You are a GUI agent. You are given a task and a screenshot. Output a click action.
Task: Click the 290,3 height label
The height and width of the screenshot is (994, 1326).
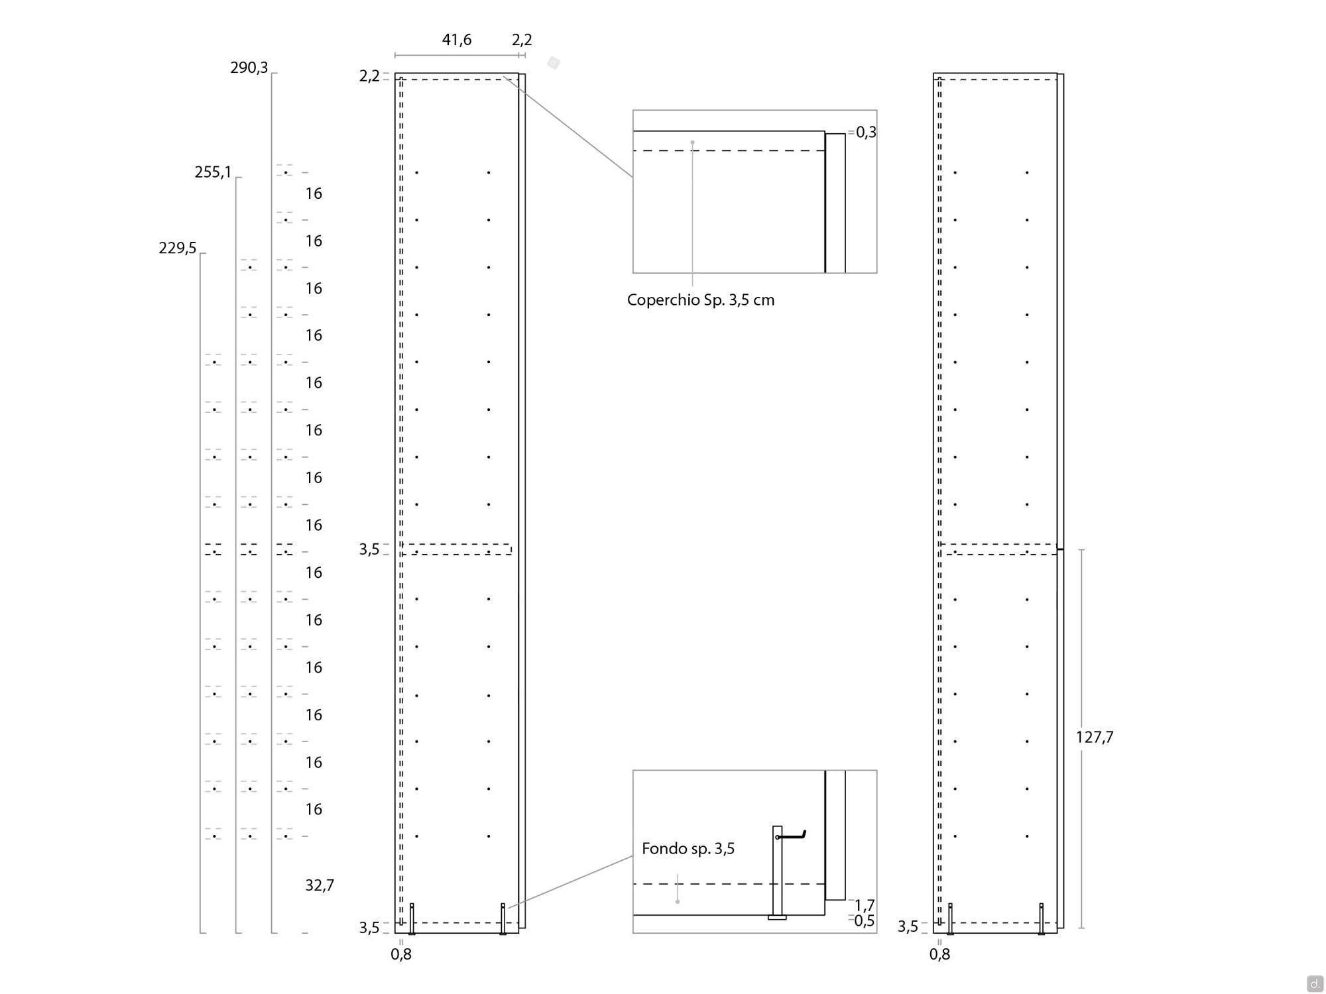coord(249,68)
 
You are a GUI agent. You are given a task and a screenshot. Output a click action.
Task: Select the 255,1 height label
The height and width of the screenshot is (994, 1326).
coord(213,172)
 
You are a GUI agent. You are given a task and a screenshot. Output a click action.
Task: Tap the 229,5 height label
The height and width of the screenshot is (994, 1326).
coord(178,248)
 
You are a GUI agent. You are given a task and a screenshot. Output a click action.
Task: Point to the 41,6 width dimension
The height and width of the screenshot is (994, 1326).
coord(457,40)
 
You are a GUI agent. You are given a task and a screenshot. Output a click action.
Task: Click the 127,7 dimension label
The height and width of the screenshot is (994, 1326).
coord(1095,737)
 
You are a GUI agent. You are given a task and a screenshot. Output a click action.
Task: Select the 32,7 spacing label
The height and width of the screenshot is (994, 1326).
coord(320,885)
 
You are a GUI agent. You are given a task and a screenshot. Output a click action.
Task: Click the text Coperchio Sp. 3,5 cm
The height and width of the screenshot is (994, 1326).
coord(701,300)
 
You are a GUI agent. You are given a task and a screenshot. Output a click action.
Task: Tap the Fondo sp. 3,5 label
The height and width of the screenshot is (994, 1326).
coord(688,849)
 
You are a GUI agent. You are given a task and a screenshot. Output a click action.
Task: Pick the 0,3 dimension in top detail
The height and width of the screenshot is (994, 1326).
coord(866,133)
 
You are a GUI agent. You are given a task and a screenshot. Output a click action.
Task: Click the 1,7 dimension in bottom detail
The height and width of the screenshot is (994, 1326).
coord(865,905)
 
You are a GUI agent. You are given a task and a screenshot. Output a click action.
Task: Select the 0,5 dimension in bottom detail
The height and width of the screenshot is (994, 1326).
coord(865,921)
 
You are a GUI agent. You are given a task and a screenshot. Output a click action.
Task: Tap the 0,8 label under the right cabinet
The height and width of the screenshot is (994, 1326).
coord(939,954)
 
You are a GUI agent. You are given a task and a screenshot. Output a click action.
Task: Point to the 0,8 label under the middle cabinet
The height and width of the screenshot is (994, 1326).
coord(401,954)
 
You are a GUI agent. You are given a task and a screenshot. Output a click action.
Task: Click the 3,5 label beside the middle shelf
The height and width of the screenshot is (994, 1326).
coord(369,549)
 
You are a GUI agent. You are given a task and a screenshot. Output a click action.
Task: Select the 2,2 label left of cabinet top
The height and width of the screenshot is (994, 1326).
coord(369,76)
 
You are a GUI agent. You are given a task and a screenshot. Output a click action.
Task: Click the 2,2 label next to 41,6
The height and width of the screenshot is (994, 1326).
coord(522,40)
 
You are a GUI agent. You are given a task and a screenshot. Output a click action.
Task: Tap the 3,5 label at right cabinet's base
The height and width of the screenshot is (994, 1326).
coord(908,927)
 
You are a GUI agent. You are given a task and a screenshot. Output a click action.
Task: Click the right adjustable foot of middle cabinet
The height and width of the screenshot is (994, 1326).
coord(503,919)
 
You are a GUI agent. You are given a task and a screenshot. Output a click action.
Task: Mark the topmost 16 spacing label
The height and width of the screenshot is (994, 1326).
coord(314,193)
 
